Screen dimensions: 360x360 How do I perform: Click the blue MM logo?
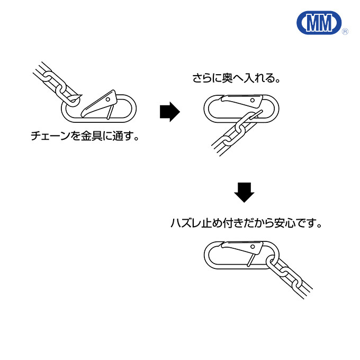319,23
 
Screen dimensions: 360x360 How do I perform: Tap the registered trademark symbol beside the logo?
345,31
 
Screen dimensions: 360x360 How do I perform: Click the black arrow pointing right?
169,112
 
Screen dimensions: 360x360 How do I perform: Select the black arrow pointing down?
244,192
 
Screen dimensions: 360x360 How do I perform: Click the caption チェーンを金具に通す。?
85,136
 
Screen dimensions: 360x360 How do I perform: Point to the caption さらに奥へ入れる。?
237,78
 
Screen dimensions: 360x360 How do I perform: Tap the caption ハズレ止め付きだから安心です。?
246,223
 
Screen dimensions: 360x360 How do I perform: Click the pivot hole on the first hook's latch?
108,100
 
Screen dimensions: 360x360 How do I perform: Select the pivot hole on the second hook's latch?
253,101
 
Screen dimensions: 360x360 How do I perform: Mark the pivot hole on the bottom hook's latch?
253,247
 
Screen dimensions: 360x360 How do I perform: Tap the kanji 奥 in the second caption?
227,78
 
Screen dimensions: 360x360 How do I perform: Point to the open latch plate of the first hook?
99,103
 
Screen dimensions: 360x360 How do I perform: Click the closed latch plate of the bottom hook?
242,247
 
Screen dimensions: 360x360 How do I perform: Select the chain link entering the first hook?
73,100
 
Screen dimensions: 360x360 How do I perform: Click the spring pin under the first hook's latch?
110,112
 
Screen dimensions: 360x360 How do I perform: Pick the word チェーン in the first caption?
50,136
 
